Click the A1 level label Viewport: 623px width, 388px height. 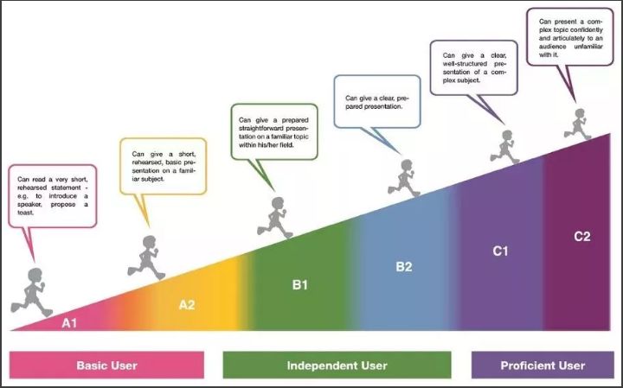(x=69, y=323)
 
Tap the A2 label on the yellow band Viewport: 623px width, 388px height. (x=187, y=304)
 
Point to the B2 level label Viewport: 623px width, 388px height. (x=404, y=266)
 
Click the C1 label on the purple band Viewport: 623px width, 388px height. (x=500, y=251)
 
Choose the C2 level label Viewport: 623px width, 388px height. (x=582, y=236)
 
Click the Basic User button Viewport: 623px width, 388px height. (x=106, y=366)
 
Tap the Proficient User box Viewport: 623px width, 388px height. (x=543, y=366)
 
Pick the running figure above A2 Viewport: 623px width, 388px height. (x=148, y=256)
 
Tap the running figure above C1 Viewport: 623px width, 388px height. (x=504, y=147)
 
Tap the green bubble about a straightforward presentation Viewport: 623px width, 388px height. (x=273, y=130)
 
